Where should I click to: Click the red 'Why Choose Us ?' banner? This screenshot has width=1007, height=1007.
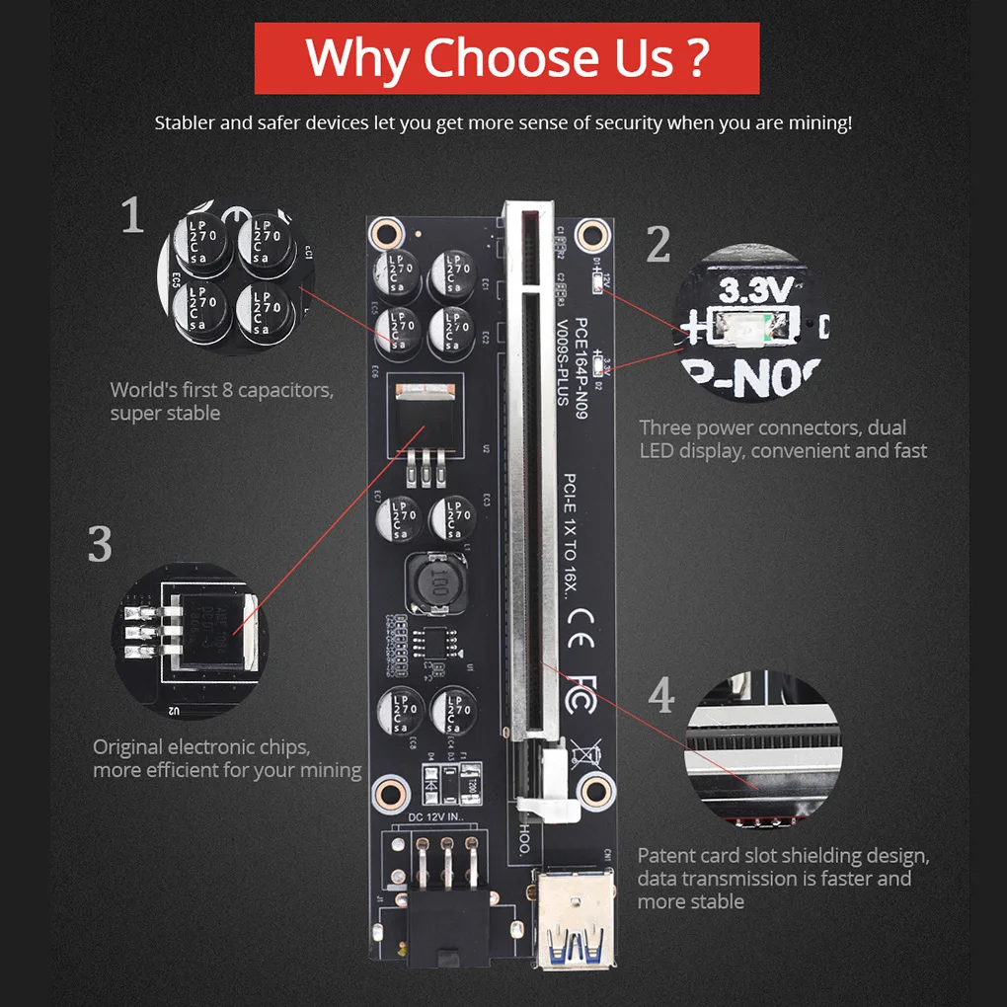coord(506,58)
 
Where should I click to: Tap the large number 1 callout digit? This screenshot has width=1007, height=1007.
coord(132,215)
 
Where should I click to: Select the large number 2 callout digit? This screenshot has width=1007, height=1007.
coord(658,245)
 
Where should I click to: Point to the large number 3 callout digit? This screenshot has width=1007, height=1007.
coord(100,544)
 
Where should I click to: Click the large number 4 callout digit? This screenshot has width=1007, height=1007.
coord(661,696)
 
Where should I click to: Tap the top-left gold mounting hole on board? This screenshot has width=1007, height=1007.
coord(383,233)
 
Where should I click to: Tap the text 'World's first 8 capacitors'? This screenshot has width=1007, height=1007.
coord(221,390)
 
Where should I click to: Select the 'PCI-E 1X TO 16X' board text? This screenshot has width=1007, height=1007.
coord(571,538)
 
